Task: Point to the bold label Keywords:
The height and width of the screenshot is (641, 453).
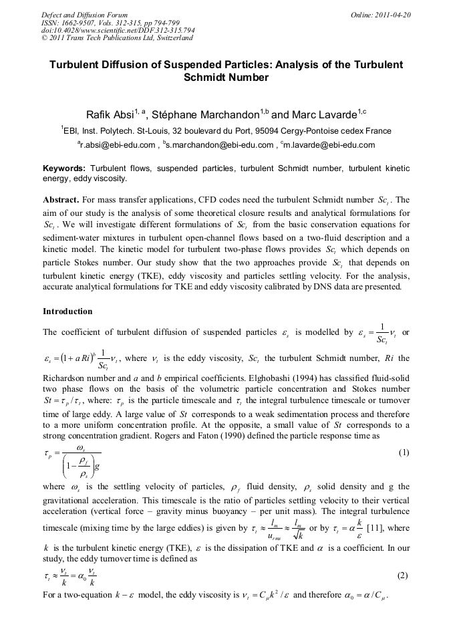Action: point(64,168)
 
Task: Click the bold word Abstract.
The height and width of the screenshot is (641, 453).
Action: point(61,200)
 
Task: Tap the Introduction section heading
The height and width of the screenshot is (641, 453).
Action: point(67,311)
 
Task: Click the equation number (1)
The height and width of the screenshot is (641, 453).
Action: point(403,453)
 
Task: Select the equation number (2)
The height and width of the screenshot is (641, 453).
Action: point(403,575)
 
